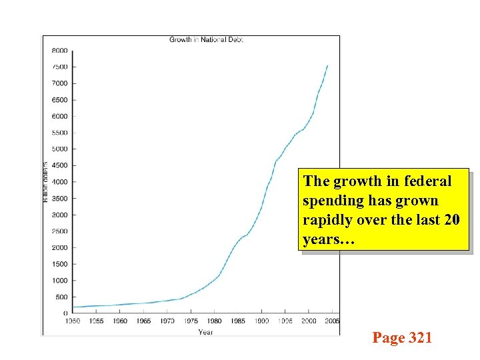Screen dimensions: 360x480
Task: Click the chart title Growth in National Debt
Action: pyautogui.click(x=206, y=40)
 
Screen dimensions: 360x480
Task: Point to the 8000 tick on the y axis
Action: pyautogui.click(x=60, y=51)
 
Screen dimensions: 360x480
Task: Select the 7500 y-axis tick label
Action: pyautogui.click(x=60, y=67)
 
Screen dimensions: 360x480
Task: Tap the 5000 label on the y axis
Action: pyautogui.click(x=60, y=149)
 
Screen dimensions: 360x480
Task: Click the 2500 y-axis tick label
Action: pyautogui.click(x=60, y=231)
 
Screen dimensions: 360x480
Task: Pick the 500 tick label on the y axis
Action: pyautogui.click(x=61, y=297)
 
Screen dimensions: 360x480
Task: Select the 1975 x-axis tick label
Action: pyautogui.click(x=191, y=321)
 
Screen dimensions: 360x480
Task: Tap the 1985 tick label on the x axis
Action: pyautogui.click(x=238, y=321)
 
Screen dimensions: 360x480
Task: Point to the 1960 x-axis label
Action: pyautogui.click(x=119, y=321)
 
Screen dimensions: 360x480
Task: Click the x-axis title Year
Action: pyautogui.click(x=205, y=331)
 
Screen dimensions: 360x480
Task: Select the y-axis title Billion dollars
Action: pyautogui.click(x=46, y=181)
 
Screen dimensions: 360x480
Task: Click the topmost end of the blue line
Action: pyautogui.click(x=327, y=65)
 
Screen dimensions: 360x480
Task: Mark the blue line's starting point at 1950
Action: pyautogui.click(x=73, y=307)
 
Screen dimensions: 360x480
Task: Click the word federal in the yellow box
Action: pyautogui.click(x=427, y=181)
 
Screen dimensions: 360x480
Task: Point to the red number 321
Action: pyautogui.click(x=419, y=338)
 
